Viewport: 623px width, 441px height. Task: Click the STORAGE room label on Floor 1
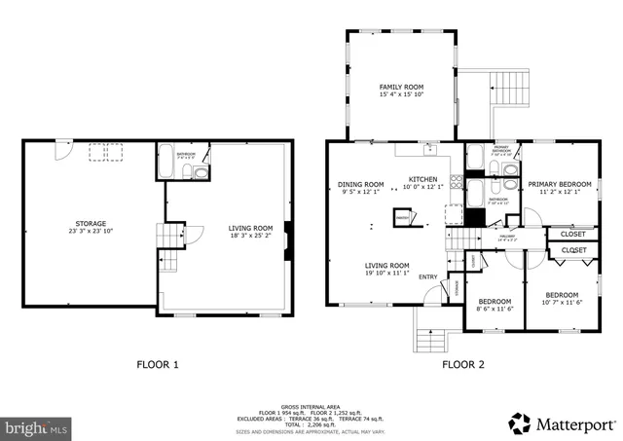click(91, 223)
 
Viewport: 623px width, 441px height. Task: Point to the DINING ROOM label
click(361, 183)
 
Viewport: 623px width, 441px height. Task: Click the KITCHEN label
click(422, 179)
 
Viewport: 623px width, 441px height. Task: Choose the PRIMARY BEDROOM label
click(560, 183)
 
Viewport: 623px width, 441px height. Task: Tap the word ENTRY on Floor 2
click(428, 277)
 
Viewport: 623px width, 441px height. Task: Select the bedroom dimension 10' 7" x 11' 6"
click(562, 302)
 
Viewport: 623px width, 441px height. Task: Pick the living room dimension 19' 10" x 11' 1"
click(386, 273)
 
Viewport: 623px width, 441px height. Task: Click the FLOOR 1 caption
click(157, 365)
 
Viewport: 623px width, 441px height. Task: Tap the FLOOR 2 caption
click(463, 365)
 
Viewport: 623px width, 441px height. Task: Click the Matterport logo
click(563, 423)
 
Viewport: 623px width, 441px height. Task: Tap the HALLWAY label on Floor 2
click(506, 235)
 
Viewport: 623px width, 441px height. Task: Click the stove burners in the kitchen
click(453, 215)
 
